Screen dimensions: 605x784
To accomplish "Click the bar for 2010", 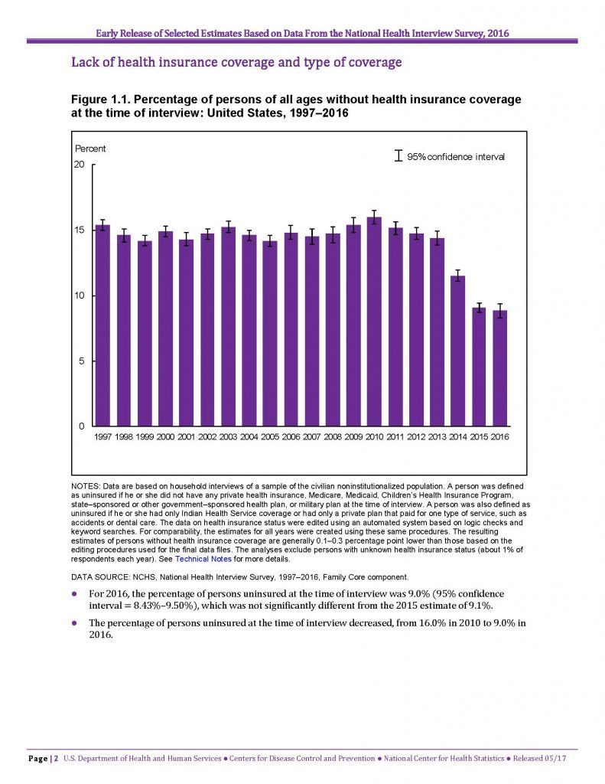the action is [x=374, y=322].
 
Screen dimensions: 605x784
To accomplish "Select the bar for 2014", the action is [x=457, y=351].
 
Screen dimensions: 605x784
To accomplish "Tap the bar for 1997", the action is [x=103, y=325].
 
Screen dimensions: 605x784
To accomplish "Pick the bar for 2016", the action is [x=499, y=368].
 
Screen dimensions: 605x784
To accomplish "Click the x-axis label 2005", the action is [x=270, y=437].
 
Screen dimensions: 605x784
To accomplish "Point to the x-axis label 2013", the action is [x=437, y=437].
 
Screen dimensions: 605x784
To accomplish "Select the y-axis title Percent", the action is [x=90, y=149].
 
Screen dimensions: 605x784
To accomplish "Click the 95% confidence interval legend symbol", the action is [x=398, y=155].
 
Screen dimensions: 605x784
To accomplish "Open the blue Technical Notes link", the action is [x=203, y=559].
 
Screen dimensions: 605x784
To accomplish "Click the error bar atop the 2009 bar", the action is [x=353, y=225].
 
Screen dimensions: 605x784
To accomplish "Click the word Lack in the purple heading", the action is [x=83, y=62].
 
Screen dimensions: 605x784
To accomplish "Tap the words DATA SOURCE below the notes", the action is [x=100, y=577].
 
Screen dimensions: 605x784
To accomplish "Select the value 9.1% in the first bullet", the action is [x=481, y=606].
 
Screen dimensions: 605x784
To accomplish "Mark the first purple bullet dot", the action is [x=74, y=594].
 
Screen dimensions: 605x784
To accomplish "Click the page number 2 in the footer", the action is [x=56, y=759].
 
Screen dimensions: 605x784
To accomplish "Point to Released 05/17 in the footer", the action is [x=539, y=759].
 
